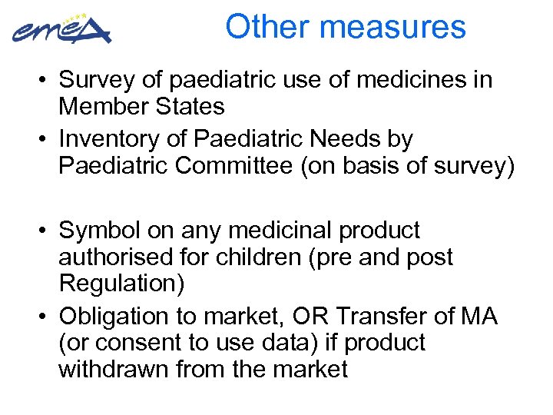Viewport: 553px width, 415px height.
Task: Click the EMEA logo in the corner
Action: tap(61, 30)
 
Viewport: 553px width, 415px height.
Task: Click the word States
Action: tap(189, 106)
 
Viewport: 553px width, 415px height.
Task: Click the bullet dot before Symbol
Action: tap(46, 231)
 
